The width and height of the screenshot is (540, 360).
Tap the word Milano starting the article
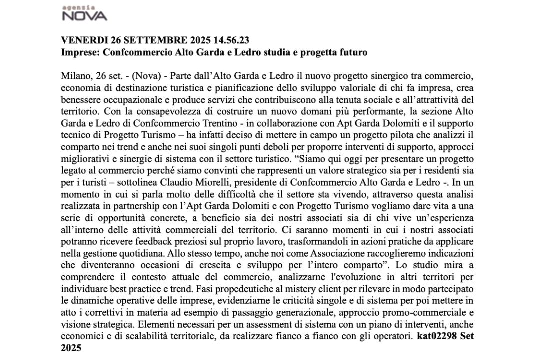pos(73,75)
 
